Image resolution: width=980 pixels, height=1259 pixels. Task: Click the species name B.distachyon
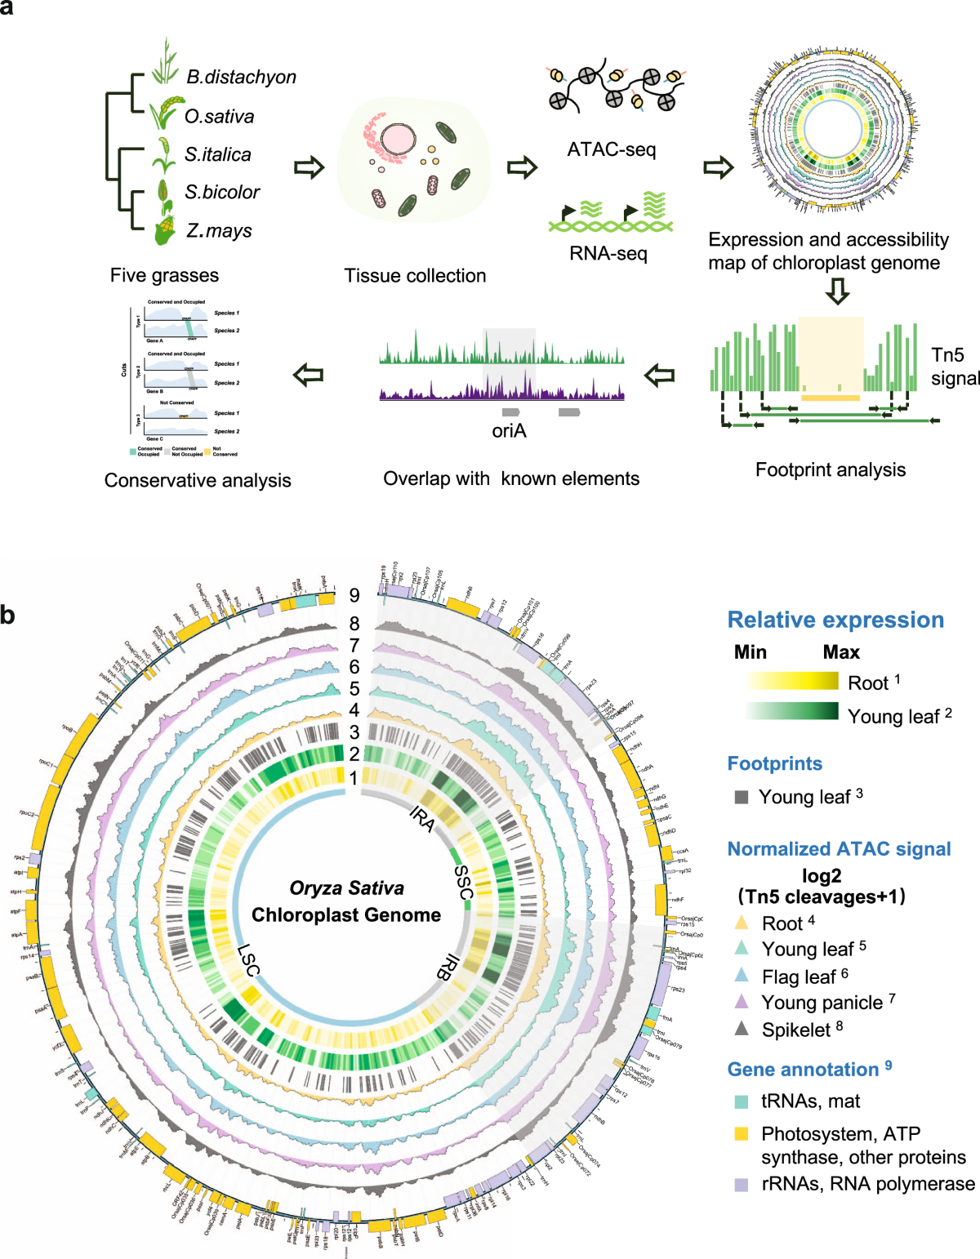point(241,77)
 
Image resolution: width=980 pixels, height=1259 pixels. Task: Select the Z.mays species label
point(219,231)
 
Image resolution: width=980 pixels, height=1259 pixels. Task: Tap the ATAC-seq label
point(611,149)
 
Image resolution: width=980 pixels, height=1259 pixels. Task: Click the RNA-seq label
point(608,253)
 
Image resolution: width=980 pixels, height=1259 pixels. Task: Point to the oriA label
point(509,430)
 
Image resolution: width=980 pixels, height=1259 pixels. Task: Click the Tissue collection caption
point(415,276)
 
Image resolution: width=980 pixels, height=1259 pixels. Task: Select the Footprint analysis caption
point(830,469)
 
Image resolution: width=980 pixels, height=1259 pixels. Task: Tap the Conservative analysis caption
point(198,480)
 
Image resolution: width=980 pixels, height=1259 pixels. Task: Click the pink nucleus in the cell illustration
point(397,140)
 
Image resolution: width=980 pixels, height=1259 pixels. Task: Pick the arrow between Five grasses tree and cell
point(310,167)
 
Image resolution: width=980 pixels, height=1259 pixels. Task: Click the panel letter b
point(8,614)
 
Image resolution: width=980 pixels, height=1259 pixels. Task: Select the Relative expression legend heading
point(835,620)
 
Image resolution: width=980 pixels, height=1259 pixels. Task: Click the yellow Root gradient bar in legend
point(791,681)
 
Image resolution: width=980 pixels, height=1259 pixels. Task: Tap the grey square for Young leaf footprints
point(742,797)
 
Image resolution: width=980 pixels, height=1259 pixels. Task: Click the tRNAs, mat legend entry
point(809,1101)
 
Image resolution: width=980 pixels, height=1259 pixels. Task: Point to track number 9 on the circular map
point(354,596)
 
